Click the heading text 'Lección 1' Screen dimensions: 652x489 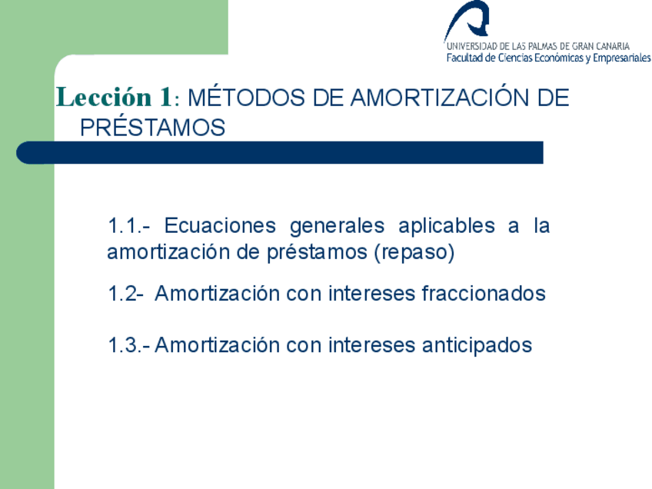pyautogui.click(x=114, y=98)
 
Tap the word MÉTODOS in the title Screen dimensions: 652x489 pyautogui.click(x=246, y=98)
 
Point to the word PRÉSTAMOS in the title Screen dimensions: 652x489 pyautogui.click(x=152, y=127)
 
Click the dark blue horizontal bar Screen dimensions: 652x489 pyautogui.click(x=280, y=152)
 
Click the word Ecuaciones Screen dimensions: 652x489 pyautogui.click(x=220, y=226)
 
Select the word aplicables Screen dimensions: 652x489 pyautogui.click(x=447, y=227)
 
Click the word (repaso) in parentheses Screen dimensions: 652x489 pyautogui.click(x=414, y=253)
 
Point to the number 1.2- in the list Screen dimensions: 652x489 pyautogui.click(x=125, y=294)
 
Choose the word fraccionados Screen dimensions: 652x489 pyautogui.click(x=484, y=293)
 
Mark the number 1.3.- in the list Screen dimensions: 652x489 pyautogui.click(x=129, y=345)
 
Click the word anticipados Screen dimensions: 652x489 pyautogui.click(x=477, y=345)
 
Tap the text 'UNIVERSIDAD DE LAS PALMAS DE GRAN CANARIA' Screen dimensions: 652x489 pyautogui.click(x=537, y=46)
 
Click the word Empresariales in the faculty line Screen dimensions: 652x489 pyautogui.click(x=622, y=58)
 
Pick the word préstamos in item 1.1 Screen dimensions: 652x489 pyautogui.click(x=318, y=253)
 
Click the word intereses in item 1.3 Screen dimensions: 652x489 pyautogui.click(x=371, y=345)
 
